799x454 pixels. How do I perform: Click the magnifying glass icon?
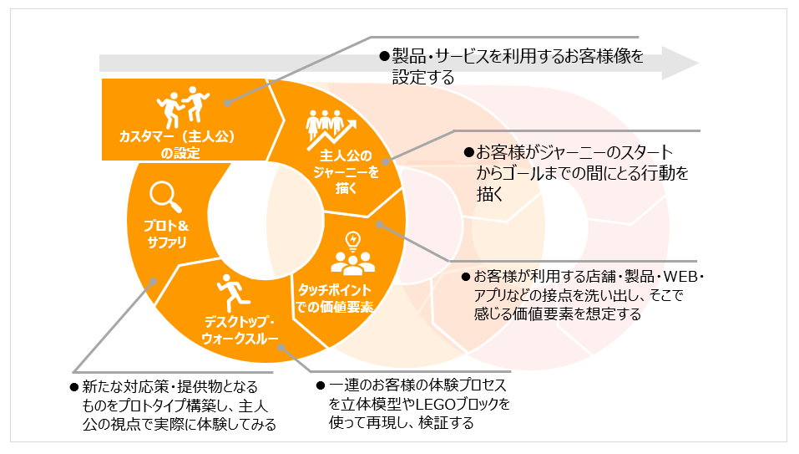[165, 196]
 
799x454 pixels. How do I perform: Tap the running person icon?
[233, 293]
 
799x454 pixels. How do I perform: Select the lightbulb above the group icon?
[352, 240]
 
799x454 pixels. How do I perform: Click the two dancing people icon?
[182, 107]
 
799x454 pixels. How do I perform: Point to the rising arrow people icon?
[330, 130]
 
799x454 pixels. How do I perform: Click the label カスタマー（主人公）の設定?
[177, 145]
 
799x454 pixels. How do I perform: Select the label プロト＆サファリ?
[166, 233]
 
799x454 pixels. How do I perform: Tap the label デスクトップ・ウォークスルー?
[240, 330]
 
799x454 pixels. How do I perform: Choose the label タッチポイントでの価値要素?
[334, 298]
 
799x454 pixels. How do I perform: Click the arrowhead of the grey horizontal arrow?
[680, 64]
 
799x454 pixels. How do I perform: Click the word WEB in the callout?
[680, 277]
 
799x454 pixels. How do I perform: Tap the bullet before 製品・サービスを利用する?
[384, 56]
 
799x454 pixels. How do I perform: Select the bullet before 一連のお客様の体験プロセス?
[321, 385]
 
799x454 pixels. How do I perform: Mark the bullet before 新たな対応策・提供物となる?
[74, 388]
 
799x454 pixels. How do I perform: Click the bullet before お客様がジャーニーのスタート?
[468, 152]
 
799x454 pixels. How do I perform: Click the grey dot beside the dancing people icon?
[228, 103]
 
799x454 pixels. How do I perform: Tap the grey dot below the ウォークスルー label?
[281, 347]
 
